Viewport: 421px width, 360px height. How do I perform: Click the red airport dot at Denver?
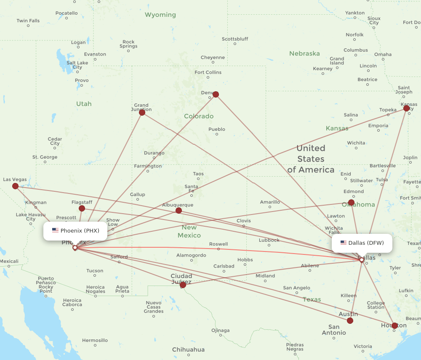pyautogui.click(x=216, y=94)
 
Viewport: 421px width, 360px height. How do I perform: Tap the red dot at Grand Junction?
pyautogui.click(x=142, y=112)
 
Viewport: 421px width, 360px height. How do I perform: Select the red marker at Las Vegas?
pyautogui.click(x=15, y=186)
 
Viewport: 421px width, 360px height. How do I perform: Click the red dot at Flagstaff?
pyautogui.click(x=82, y=208)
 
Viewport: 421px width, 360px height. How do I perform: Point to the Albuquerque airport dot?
pyautogui.click(x=179, y=210)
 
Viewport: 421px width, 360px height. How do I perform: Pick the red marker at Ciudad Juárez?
pyautogui.click(x=183, y=285)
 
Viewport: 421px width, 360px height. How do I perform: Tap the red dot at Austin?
pyautogui.click(x=350, y=320)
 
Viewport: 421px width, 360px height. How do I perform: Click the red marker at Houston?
pyautogui.click(x=394, y=326)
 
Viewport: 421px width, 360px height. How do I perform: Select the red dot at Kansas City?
pyautogui.click(x=406, y=108)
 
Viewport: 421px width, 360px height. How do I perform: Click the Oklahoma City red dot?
pyautogui.click(x=352, y=202)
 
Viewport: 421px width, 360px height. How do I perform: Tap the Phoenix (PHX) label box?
pyautogui.click(x=75, y=230)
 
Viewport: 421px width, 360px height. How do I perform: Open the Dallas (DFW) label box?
pyautogui.click(x=362, y=243)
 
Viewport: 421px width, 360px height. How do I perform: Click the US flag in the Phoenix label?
pyautogui.click(x=55, y=230)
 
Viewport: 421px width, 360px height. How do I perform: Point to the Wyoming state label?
pyautogui.click(x=160, y=15)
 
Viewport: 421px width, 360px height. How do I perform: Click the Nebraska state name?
pyautogui.click(x=304, y=53)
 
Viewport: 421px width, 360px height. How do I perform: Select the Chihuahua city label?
pyautogui.click(x=188, y=349)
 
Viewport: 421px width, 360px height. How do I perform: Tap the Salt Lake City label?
pyautogui.click(x=77, y=65)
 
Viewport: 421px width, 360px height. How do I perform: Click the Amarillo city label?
pyautogui.click(x=270, y=202)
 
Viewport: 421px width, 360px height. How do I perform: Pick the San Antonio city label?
pyautogui.click(x=334, y=330)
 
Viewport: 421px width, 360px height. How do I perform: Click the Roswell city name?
pyautogui.click(x=218, y=244)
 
